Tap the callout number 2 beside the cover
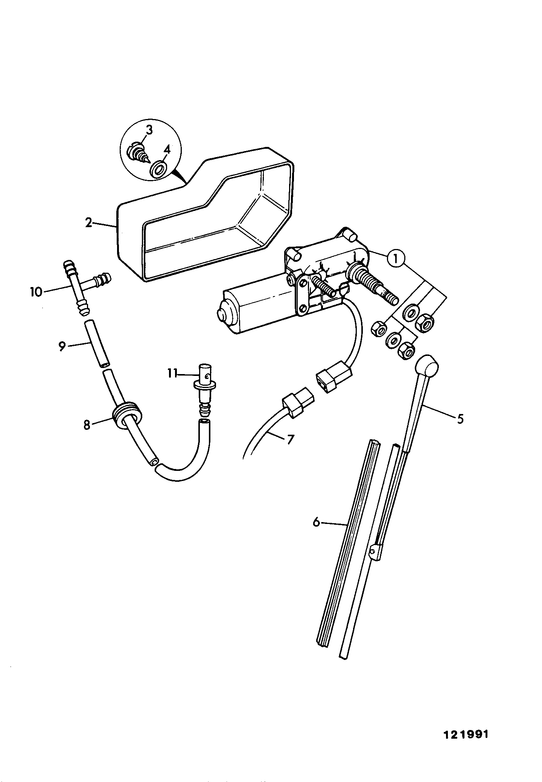[x=88, y=223]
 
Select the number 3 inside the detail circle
[x=149, y=130]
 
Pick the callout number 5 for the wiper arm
[x=460, y=419]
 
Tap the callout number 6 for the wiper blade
[x=317, y=522]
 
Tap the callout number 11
[x=172, y=374]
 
